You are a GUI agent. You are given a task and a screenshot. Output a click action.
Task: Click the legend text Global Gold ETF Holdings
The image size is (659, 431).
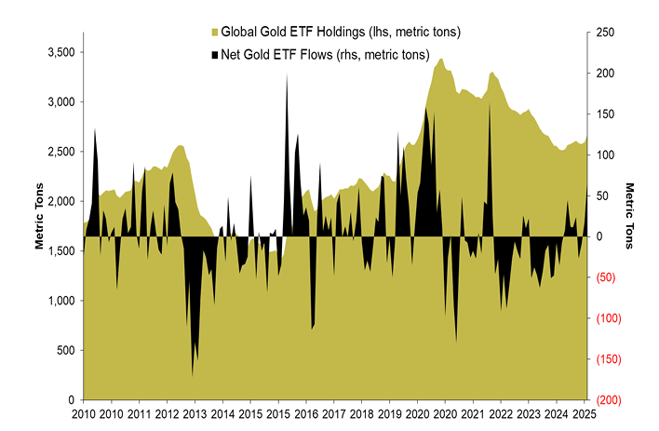tap(341, 33)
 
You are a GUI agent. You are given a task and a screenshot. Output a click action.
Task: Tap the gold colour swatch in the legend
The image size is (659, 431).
tap(213, 33)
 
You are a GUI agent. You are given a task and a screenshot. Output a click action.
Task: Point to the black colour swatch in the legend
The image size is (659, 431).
tap(213, 54)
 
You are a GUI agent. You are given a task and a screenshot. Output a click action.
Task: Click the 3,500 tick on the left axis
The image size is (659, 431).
tap(61, 52)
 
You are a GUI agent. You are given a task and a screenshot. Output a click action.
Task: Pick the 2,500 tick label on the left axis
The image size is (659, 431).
tap(61, 152)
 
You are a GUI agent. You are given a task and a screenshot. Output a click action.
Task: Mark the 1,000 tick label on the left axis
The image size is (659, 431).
tap(61, 301)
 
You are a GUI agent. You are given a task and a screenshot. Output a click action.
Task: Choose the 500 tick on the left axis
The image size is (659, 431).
tap(66, 350)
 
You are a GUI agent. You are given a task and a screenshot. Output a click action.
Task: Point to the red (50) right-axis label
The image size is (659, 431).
tap(607, 277)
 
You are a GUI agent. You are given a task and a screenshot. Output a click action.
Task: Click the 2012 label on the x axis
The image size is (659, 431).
tap(168, 413)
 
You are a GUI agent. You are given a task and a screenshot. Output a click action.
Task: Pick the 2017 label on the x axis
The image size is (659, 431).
tap(306, 413)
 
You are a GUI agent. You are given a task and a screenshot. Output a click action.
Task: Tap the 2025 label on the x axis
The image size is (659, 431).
tap(583, 413)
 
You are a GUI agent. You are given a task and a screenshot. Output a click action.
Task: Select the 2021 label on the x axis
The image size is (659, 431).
tap(473, 413)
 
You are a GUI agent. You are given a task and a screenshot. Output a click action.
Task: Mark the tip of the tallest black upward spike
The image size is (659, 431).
tap(286, 74)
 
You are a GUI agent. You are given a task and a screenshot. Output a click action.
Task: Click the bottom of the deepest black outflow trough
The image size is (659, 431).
tap(193, 375)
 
